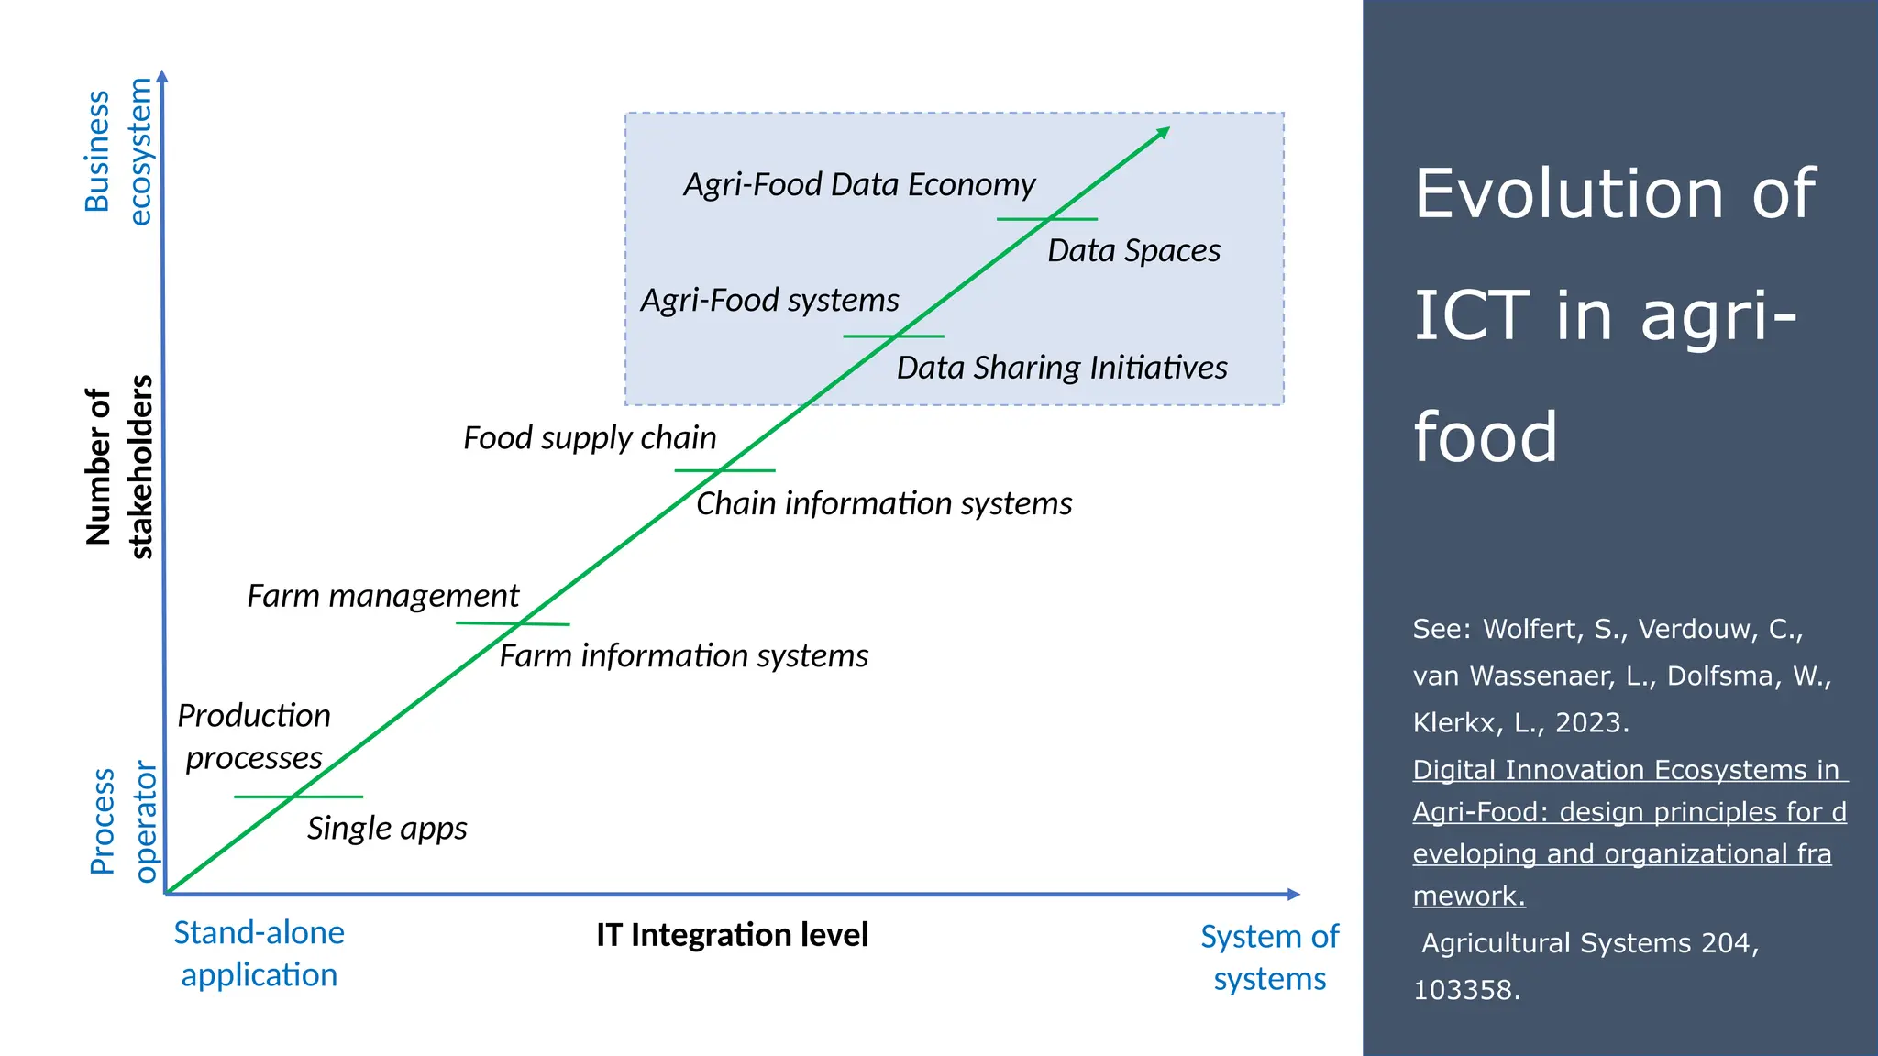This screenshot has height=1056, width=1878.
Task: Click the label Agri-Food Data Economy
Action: coord(859,185)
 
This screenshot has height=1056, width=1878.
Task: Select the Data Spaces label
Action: coord(1133,251)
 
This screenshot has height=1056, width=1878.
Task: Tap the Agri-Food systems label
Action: coord(769,301)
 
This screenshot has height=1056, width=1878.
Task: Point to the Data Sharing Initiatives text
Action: coord(1061,368)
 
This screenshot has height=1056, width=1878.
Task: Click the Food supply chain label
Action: coord(590,438)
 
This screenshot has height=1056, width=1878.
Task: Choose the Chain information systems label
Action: coord(883,504)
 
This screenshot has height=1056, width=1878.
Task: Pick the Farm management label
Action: coord(382,597)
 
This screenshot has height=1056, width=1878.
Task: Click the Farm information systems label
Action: coord(683,656)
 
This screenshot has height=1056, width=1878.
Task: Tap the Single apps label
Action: coord(386,829)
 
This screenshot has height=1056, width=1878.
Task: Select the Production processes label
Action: coord(254,737)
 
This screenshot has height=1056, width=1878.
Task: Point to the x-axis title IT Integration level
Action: coord(732,935)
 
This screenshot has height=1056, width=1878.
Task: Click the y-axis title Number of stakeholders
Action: coord(119,467)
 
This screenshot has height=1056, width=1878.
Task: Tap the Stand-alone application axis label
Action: coord(259,953)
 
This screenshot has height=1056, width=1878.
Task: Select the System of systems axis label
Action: coord(1269,958)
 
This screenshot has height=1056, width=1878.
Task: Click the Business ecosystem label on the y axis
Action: coord(118,151)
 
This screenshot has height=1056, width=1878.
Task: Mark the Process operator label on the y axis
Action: coord(123,822)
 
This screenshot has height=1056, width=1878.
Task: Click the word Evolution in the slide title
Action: coord(1569,193)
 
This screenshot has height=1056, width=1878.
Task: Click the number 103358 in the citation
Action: coord(1464,990)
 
